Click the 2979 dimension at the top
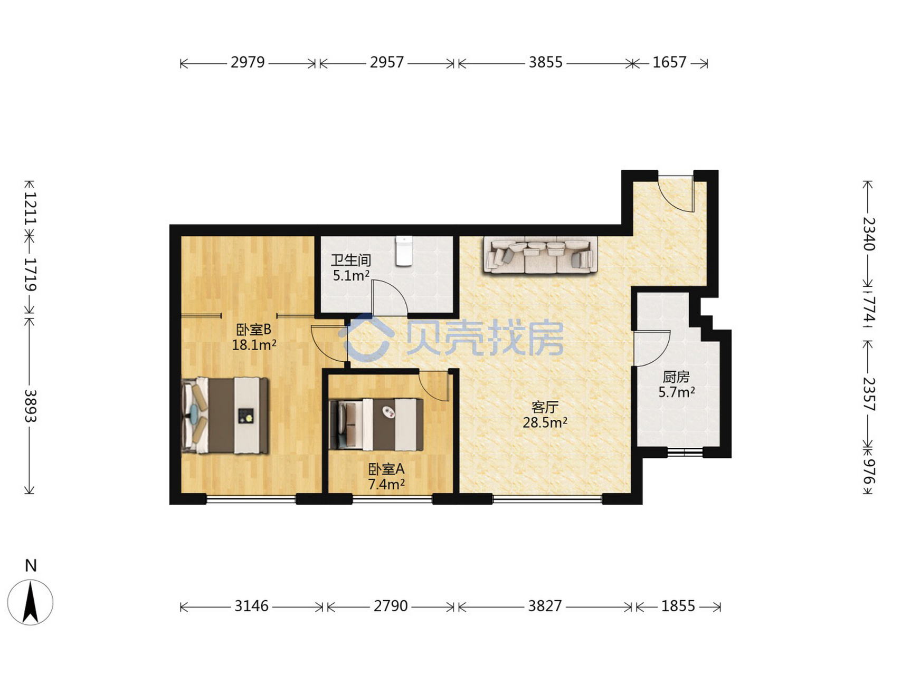coord(248,63)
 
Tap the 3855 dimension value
coord(546,63)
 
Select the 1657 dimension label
coord(669,63)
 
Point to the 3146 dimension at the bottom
coord(251,606)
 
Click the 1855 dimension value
coord(678,606)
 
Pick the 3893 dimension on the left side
coord(30,406)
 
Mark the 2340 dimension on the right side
coord(868,234)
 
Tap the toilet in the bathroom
coord(404,251)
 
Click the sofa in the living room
coord(540,255)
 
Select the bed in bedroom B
coord(225,415)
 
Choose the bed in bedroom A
coord(376,425)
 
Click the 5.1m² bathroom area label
coord(351,275)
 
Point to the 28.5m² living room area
coord(545,422)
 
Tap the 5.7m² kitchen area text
coord(677,392)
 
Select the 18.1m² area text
coord(254,345)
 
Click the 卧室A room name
coord(386,469)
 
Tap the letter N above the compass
coord(31,566)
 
